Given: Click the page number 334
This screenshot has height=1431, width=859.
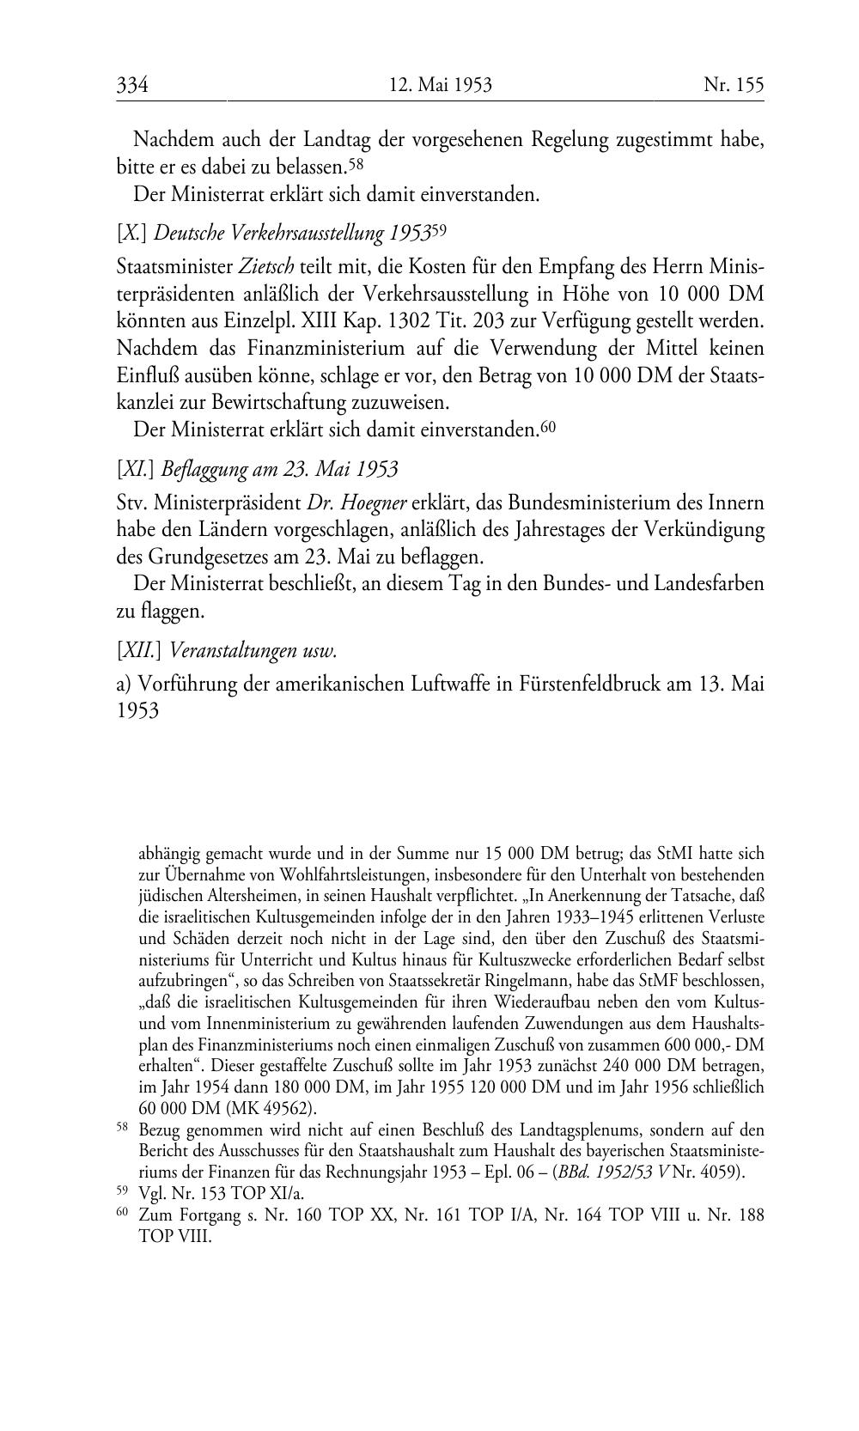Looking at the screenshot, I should [133, 84].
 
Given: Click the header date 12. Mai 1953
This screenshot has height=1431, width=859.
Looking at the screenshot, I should [440, 84].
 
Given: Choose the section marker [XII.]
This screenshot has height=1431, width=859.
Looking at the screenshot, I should [140, 650].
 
